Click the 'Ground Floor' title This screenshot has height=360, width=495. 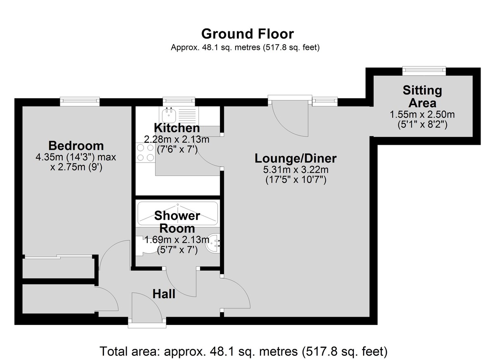click(247, 34)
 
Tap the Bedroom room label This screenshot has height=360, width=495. click(76, 146)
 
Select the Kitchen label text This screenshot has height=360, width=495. click(177, 128)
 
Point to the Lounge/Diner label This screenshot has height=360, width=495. click(295, 159)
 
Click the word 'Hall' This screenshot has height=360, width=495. click(164, 294)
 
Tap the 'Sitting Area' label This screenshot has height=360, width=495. click(422, 96)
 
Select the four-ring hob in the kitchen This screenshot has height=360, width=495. click(145, 153)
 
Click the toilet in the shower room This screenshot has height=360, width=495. click(145, 246)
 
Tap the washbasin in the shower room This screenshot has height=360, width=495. click(213, 243)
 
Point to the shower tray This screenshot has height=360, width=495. click(178, 214)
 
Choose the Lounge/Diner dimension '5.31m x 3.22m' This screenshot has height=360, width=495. click(296, 169)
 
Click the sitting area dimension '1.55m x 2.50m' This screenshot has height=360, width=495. click(422, 114)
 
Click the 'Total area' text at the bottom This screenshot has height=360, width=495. click(243, 351)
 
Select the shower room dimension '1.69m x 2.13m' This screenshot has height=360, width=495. click(177, 240)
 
